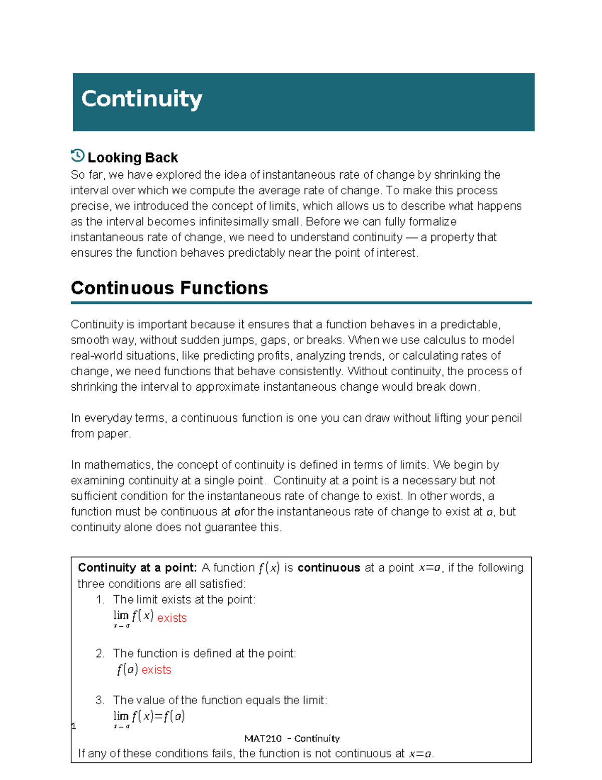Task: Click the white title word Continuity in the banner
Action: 141,99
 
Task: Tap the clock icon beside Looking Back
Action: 78,156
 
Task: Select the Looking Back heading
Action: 132,158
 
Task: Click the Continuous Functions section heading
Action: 170,288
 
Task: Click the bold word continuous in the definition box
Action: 329,568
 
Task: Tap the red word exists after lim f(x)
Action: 172,618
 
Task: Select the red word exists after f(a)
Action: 156,670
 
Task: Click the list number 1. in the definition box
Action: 100,600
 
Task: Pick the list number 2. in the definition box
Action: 100,653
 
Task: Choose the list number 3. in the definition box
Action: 100,700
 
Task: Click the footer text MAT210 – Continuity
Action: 292,738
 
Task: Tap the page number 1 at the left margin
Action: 74,726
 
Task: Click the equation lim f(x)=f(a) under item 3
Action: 149,717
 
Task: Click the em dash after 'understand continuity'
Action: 411,238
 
